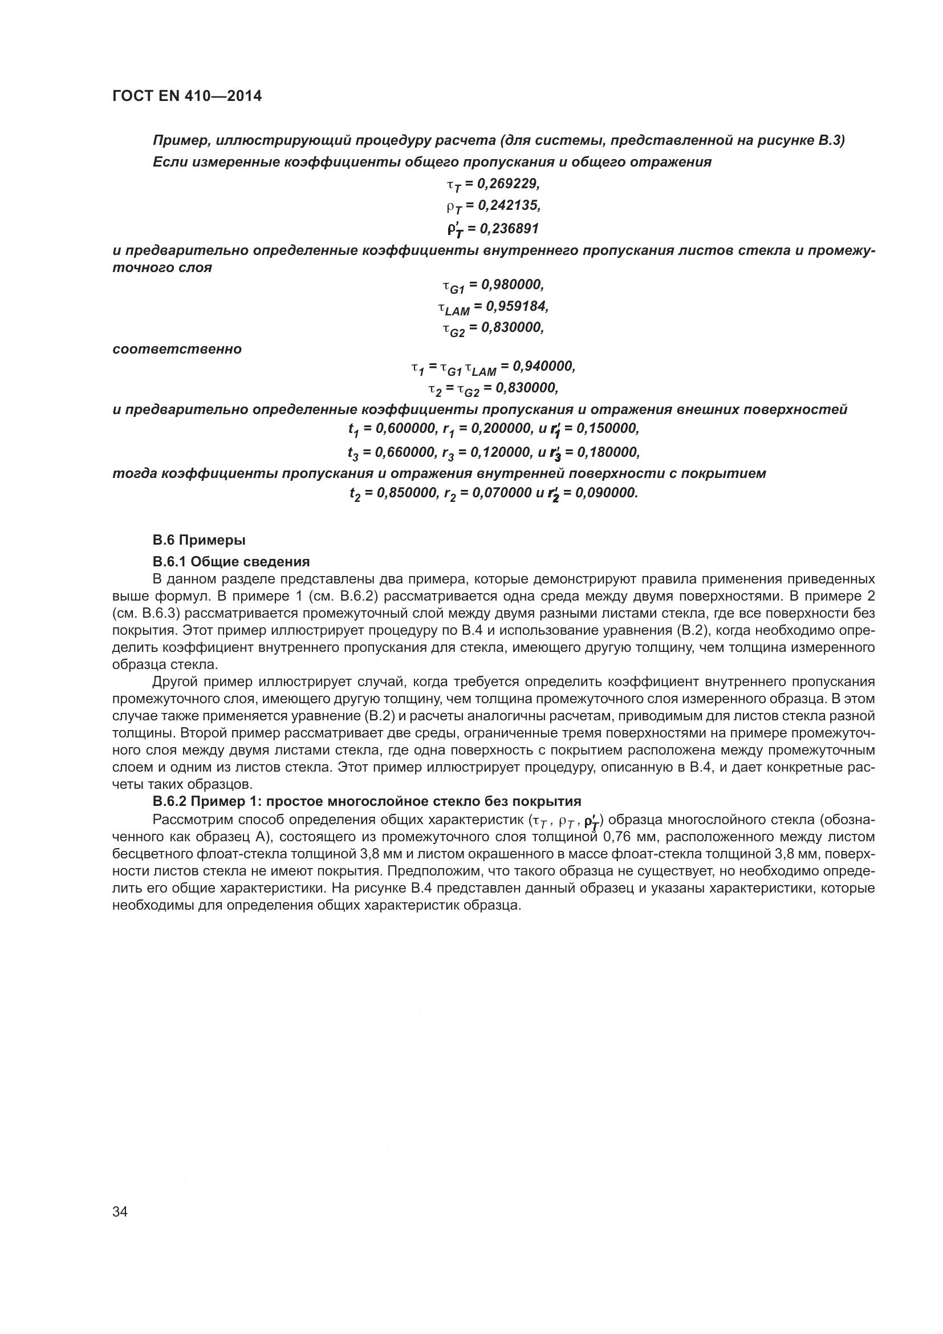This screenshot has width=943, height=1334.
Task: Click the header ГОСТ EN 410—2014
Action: click(186, 96)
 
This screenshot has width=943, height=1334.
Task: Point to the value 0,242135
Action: click(508, 205)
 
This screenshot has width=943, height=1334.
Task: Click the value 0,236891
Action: click(508, 228)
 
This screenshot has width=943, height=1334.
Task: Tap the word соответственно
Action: click(177, 349)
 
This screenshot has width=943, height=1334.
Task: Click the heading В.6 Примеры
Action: click(198, 540)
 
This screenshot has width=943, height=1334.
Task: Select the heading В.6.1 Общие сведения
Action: click(230, 561)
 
